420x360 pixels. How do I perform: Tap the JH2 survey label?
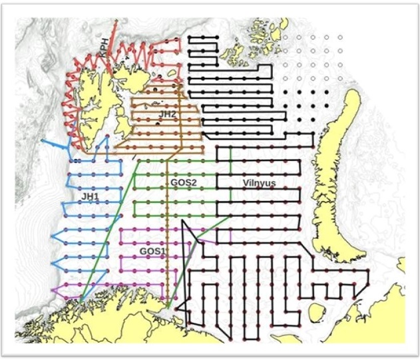[x=167, y=114]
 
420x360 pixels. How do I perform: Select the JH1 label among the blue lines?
[x=90, y=197]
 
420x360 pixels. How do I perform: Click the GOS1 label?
[x=152, y=251]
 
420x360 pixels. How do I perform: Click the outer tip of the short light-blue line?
[x=43, y=141]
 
